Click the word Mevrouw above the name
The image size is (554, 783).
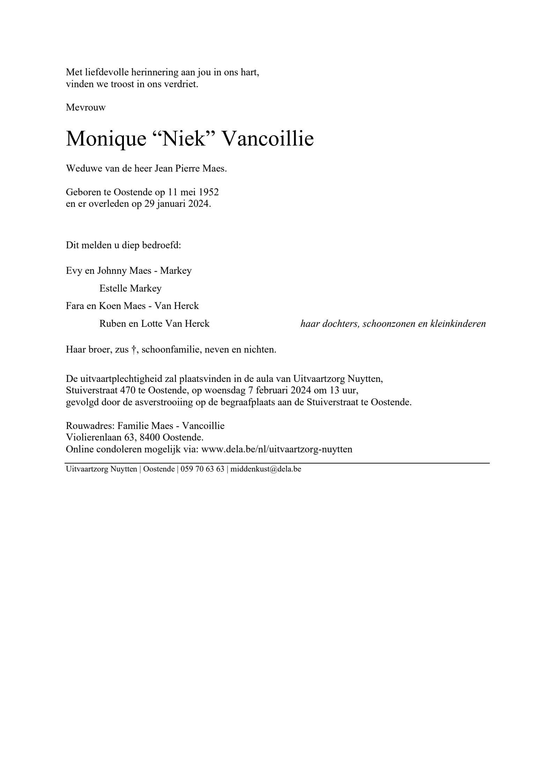point(86,107)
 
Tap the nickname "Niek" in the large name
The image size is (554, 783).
point(183,138)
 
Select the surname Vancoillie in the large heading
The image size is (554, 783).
point(268,138)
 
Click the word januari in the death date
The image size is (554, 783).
point(171,204)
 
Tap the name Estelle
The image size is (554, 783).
point(113,288)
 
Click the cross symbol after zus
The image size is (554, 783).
point(133,349)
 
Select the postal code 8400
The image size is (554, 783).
point(149,437)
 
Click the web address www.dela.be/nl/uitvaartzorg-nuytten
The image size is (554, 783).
point(277,449)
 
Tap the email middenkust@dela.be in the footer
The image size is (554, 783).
point(266,469)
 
